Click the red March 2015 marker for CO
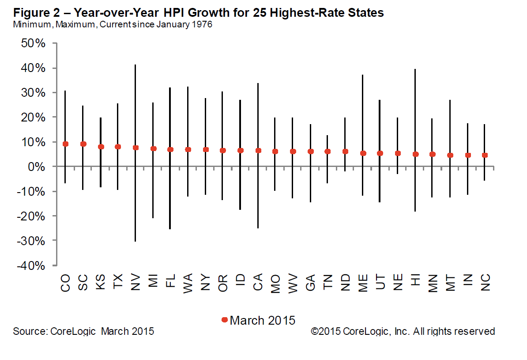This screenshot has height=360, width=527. pyautogui.click(x=65, y=144)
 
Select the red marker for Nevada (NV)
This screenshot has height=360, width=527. pyautogui.click(x=136, y=148)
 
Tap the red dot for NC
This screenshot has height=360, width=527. pyautogui.click(x=485, y=155)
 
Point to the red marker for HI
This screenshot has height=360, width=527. pyautogui.click(x=415, y=154)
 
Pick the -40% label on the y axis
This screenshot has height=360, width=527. pyautogui.click(x=32, y=265)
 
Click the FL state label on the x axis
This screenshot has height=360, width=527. pyautogui.click(x=170, y=281)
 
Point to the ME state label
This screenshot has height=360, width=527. pyautogui.click(x=363, y=283)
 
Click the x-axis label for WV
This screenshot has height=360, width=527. pyautogui.click(x=292, y=283)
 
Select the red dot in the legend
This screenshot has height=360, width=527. pyautogui.click(x=225, y=320)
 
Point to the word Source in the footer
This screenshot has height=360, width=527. pyautogui.click(x=27, y=331)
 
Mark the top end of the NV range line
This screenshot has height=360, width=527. pyautogui.click(x=136, y=65)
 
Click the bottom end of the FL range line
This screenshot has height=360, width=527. pyautogui.click(x=170, y=229)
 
